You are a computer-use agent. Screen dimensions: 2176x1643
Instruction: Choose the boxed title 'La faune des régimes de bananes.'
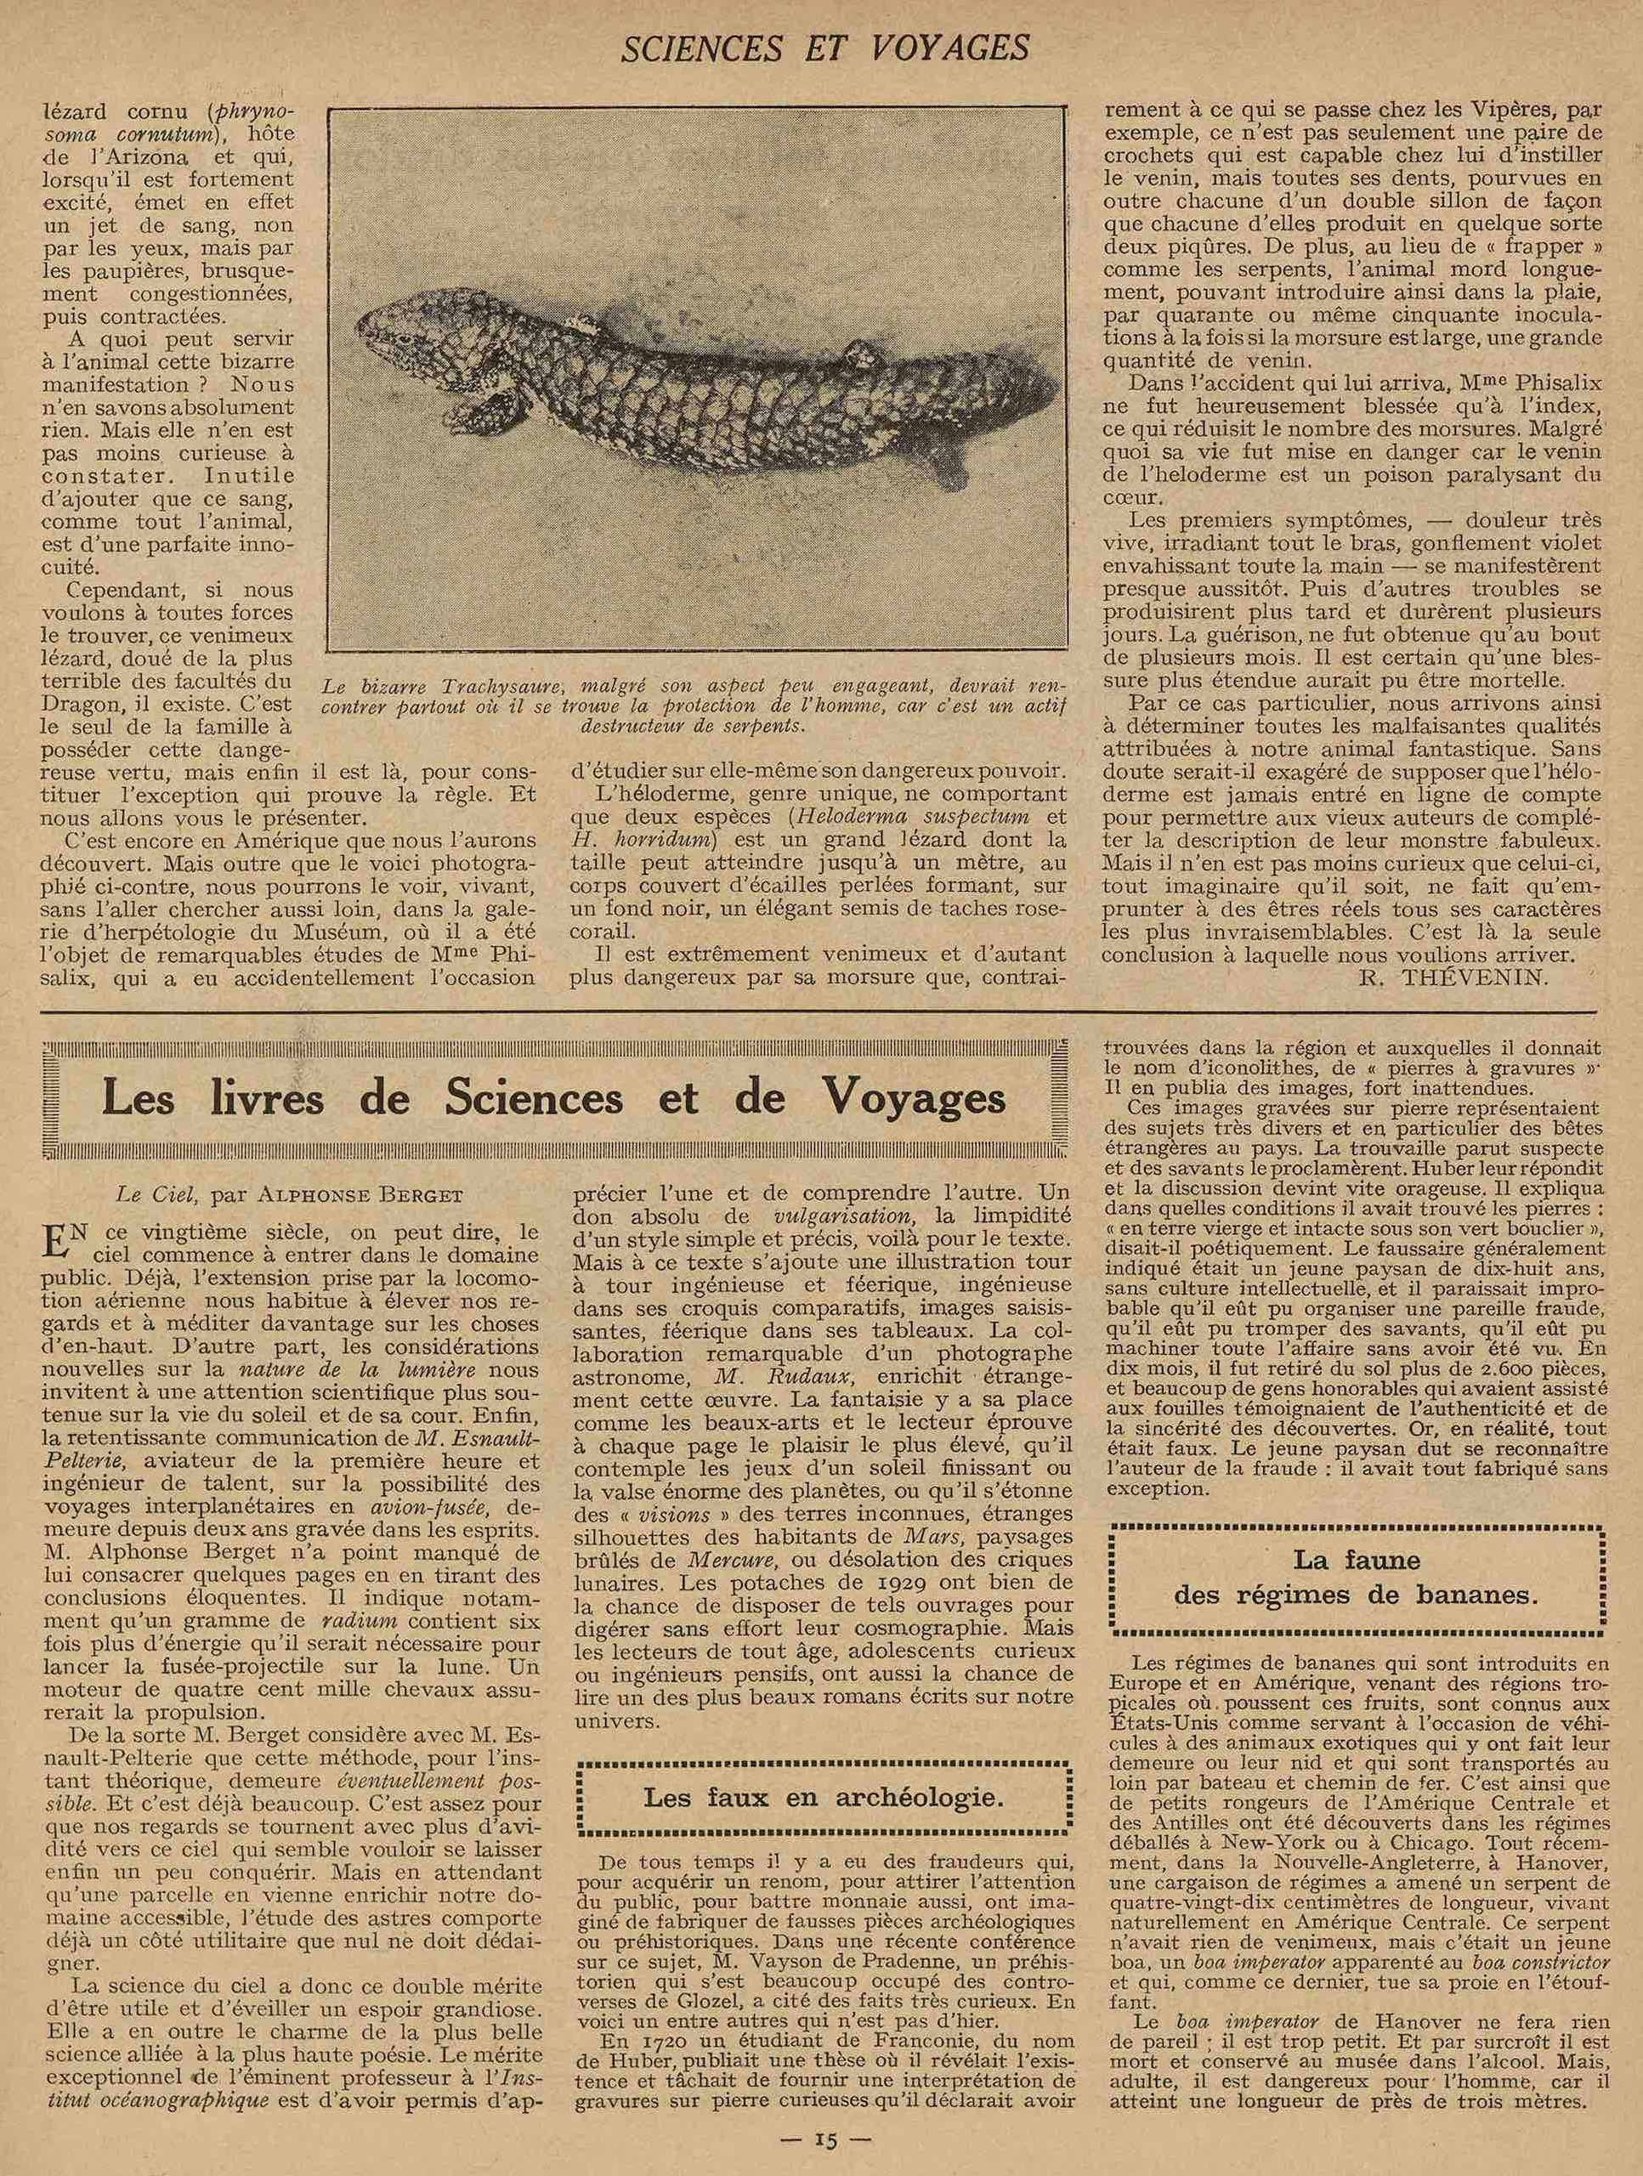[x=1357, y=1576]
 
